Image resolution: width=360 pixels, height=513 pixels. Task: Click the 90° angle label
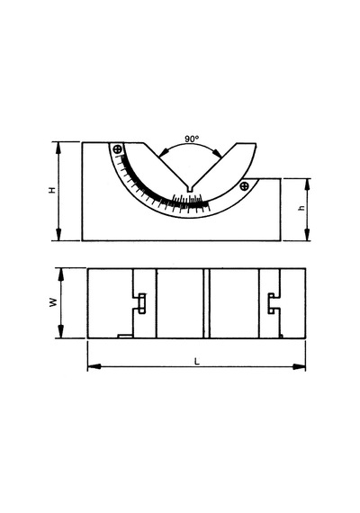pos(192,139)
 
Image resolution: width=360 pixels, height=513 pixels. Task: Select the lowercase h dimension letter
pos(301,207)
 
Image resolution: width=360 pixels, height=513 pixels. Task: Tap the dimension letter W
pos(53,302)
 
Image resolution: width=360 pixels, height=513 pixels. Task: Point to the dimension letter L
pos(197,362)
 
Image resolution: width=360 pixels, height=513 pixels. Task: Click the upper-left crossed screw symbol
pos(118,149)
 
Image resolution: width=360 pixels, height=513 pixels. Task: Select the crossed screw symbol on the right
pos(244,186)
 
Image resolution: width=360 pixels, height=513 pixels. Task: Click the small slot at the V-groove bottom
pos(190,189)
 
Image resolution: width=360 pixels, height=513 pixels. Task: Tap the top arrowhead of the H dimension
pos(58,148)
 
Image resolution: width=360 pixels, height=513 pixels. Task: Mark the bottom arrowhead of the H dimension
pos(58,235)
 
